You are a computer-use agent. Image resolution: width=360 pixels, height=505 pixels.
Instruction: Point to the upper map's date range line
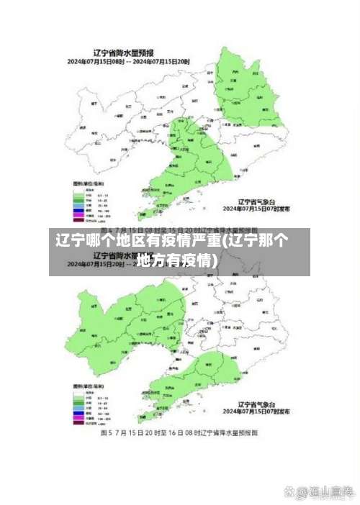coord(129,61)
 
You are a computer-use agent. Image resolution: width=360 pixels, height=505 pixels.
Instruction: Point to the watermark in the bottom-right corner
coord(318,492)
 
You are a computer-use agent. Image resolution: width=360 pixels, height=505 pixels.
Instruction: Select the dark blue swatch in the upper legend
coord(77,204)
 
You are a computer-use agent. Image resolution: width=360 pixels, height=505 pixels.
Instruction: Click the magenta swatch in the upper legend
coord(77,209)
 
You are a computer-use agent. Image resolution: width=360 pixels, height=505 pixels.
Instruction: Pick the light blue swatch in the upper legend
coord(77,198)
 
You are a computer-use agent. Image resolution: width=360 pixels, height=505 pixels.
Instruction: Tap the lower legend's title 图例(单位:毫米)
coord(88,387)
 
